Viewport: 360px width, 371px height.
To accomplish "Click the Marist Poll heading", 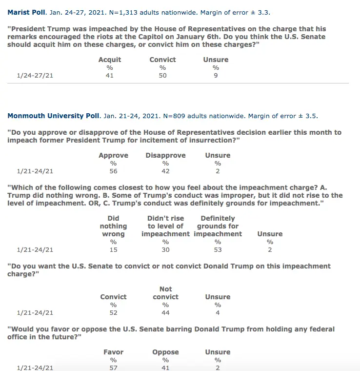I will point(27,13).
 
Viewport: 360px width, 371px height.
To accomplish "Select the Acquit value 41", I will point(109,76).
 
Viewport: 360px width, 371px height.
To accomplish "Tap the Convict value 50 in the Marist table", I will point(162,76).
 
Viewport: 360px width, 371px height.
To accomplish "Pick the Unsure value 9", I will point(216,76).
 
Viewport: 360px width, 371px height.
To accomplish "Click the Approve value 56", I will point(113,171).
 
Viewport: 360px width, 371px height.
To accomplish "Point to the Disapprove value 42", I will point(165,171).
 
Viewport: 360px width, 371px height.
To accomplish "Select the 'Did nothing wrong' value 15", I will point(113,250).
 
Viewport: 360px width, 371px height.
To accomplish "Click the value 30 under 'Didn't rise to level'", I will point(165,250).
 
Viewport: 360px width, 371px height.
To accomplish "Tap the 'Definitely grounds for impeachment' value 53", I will point(218,250).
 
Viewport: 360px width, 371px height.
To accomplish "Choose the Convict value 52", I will point(113,313).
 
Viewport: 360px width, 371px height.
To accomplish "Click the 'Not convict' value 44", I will point(165,313).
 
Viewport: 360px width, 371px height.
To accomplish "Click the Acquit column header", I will point(109,60).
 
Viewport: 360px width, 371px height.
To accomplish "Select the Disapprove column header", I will point(165,155).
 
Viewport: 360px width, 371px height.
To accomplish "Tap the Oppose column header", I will point(165,352).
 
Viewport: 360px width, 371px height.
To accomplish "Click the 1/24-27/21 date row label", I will point(35,76).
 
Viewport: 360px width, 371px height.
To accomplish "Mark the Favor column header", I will point(113,352).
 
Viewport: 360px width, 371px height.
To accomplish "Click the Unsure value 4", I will point(218,313).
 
